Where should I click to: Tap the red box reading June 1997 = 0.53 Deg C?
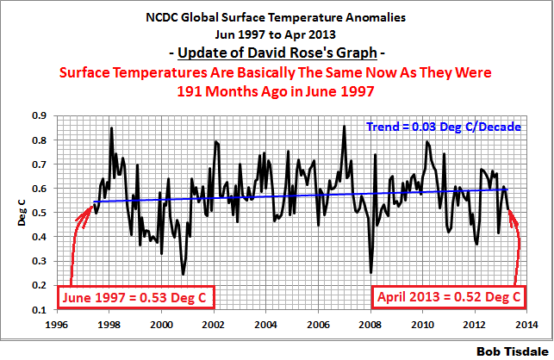pos(136,298)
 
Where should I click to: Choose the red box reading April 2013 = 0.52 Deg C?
pos(448,298)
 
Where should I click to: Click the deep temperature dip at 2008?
pos(371,272)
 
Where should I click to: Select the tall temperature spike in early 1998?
pos(111,128)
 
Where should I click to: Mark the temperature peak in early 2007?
pos(345,127)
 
